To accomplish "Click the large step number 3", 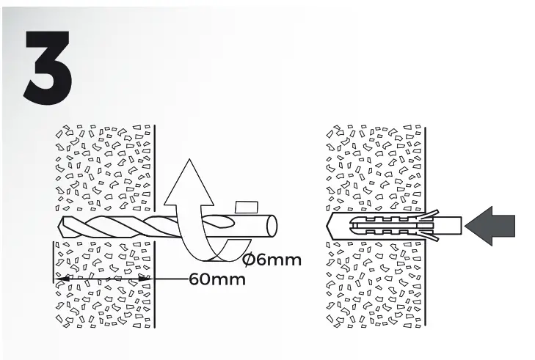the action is click(x=48, y=66).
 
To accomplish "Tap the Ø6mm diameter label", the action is click(x=272, y=259).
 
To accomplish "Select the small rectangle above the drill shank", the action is click(x=244, y=207).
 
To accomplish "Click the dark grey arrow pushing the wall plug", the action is click(x=494, y=224).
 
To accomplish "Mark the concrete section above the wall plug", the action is click(x=374, y=169).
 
